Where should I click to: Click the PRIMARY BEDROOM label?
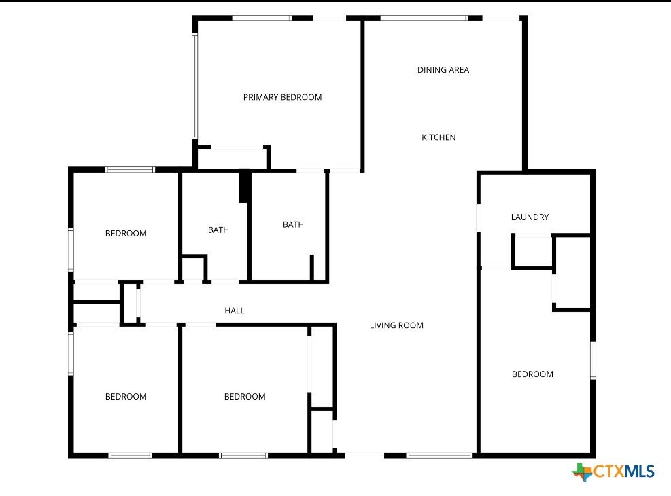282,97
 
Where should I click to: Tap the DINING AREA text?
443,70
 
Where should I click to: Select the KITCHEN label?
438,137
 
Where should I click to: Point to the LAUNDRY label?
530,217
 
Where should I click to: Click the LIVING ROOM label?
396,325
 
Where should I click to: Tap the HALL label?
235,311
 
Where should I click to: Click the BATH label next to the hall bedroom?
218,230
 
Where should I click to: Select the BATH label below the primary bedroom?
293,224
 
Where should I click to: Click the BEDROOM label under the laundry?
532,374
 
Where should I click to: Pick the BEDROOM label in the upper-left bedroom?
126,234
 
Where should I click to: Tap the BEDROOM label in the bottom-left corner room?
126,396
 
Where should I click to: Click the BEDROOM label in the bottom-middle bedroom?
245,396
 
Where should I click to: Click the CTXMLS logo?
613,472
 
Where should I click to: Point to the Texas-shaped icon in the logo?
581,472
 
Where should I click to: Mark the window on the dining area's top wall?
425,18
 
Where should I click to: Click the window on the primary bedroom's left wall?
194,86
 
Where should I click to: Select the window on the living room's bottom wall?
439,455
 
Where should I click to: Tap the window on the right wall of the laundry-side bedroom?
593,360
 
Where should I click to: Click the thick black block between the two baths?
244,187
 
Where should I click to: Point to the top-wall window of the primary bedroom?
262,18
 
